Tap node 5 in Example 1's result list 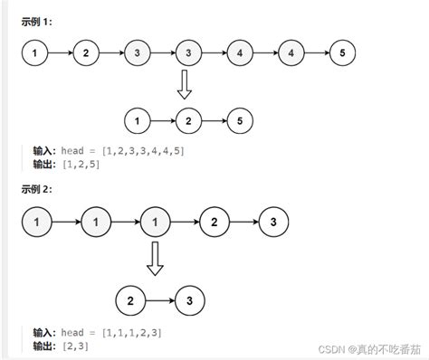click(240, 119)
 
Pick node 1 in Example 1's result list click(137, 119)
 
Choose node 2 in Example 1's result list click(188, 119)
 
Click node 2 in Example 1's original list click(85, 53)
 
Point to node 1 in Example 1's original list click(34, 53)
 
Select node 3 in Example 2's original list click(273, 220)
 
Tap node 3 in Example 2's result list click(189, 298)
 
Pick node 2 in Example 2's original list click(214, 220)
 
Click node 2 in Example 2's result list click(130, 298)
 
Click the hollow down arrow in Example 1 click(185, 86)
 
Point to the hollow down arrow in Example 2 click(155, 258)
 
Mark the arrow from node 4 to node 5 click(317, 53)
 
